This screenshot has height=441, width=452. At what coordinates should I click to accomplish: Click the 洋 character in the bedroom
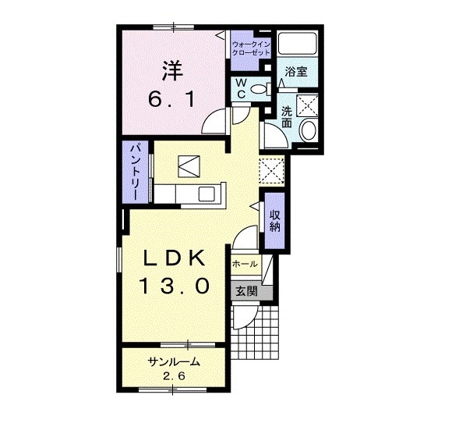tap(173, 71)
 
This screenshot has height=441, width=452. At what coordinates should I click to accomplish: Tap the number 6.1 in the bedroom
tap(172, 99)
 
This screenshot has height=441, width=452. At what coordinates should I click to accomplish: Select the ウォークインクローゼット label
tap(251, 48)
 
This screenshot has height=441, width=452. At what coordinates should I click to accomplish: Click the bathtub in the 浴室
tap(297, 43)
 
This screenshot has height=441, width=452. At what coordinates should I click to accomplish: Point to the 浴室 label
tap(296, 71)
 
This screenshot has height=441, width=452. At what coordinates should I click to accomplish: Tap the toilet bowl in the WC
tap(259, 89)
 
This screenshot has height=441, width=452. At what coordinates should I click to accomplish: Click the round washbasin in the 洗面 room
tap(309, 130)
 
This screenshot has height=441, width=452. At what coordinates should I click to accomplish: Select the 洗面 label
tap(287, 117)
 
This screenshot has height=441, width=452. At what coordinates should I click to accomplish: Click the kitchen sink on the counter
tap(207, 194)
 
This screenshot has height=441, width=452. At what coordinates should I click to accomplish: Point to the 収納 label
tap(275, 221)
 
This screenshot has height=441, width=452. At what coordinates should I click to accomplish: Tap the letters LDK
tap(175, 257)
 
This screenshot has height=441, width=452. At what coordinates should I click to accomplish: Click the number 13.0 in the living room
tap(174, 285)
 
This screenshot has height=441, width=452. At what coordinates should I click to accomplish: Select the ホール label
tap(245, 264)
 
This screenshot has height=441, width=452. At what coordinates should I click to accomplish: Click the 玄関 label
tap(246, 292)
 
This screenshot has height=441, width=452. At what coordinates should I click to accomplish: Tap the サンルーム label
tap(174, 362)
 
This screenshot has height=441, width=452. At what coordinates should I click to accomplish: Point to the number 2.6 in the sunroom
tap(174, 376)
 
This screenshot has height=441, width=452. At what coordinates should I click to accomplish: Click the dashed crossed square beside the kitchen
tap(271, 170)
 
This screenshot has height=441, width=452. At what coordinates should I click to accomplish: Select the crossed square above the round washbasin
tap(307, 105)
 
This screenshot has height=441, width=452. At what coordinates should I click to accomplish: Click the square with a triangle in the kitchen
tap(189, 166)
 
